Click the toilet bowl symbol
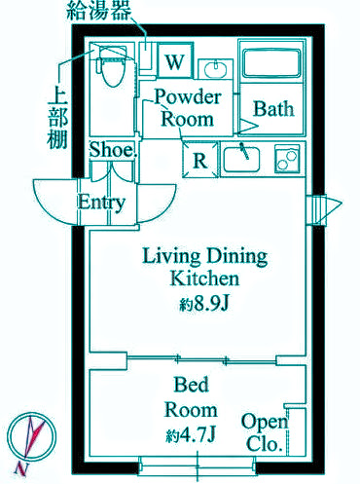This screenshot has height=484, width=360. pos(112,65)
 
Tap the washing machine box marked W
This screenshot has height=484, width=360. pos(175,60)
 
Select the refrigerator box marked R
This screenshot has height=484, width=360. pos(200,160)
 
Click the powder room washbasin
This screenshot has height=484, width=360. pos(215,69)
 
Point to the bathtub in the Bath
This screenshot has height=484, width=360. pos(271,63)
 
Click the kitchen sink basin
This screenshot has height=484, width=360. pos(242,159)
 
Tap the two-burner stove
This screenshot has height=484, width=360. pos(287,159)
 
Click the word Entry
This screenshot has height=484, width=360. pos(101,203)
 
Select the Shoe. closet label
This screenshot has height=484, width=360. pos(112,150)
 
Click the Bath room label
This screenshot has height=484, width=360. pos(273,108)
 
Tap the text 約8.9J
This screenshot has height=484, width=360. pos(204,304)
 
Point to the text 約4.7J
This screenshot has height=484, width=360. pos(191,435)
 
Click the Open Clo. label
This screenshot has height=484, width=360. pos(265,432)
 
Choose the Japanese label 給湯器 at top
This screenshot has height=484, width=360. pos(99,11)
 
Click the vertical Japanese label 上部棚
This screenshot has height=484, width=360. pos(58,119)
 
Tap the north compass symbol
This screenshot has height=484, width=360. pos(32,435)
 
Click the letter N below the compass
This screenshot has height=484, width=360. pos(21,468)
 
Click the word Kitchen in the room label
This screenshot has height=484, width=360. pos(204,279)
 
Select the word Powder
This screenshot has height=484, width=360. pos(188,96)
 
